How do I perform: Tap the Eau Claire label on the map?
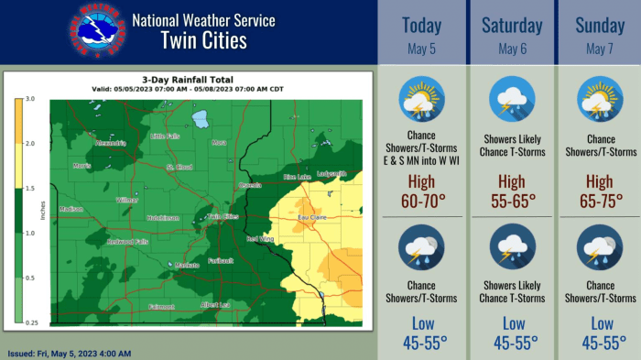311,217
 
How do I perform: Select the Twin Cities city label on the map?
223,217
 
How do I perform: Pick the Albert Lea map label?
215,304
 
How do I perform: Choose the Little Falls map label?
165,136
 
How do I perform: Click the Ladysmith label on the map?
331,173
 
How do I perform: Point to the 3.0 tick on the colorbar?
30,98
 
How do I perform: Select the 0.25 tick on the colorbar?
30,322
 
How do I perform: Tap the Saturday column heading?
512,26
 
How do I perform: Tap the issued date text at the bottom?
69,354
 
